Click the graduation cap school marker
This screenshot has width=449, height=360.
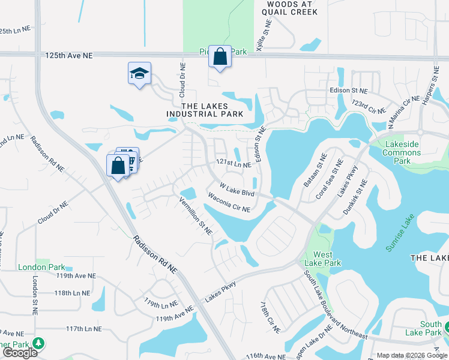(x=139, y=74)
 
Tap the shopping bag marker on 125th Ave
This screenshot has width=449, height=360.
(x=220, y=57)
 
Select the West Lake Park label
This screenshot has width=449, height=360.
(x=323, y=259)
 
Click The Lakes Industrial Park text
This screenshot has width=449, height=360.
(x=205, y=110)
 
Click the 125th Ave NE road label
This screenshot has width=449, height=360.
(x=69, y=55)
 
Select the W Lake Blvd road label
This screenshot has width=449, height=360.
(x=237, y=190)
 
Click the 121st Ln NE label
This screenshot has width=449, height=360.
(x=234, y=163)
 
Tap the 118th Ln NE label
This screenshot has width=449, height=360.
(x=71, y=293)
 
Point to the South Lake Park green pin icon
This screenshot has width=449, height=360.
(x=448, y=326)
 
